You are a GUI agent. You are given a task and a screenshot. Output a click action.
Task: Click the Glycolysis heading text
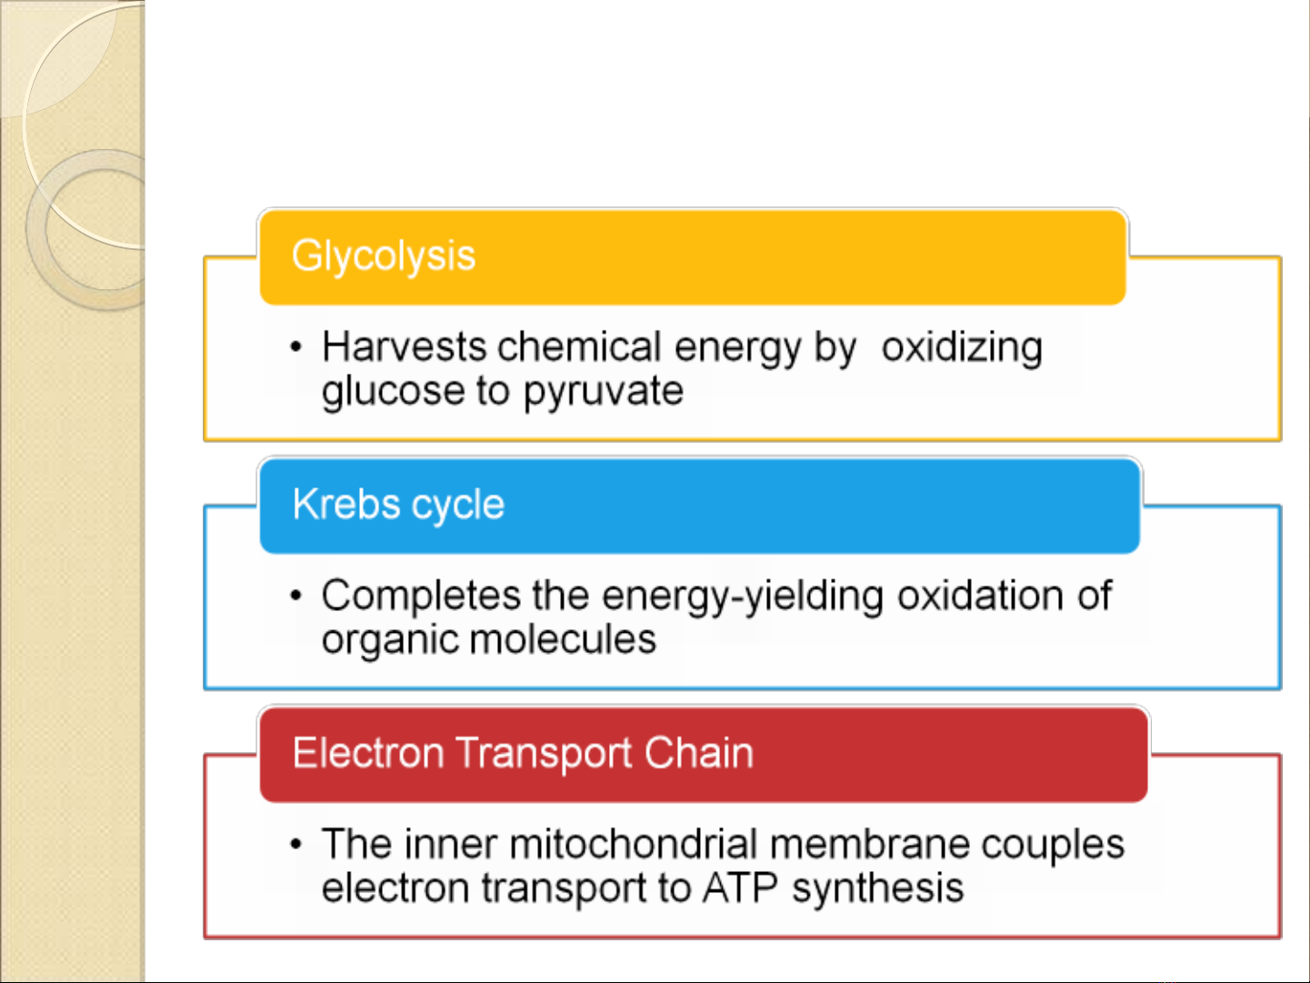[x=383, y=256]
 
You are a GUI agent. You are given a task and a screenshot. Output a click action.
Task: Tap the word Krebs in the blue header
[x=346, y=505]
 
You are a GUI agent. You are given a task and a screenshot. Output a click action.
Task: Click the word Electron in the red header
[x=368, y=753]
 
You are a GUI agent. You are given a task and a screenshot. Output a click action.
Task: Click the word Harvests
[x=405, y=346]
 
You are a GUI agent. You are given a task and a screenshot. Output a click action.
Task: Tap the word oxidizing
[x=962, y=348]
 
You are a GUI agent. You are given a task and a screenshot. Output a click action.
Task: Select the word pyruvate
[x=604, y=393]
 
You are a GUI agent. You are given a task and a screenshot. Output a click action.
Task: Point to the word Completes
[x=421, y=596]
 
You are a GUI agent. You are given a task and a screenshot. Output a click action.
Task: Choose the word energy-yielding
[x=743, y=597]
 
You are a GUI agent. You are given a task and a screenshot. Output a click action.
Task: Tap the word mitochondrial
[x=634, y=845]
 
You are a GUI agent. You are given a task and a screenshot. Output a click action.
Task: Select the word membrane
[x=870, y=845]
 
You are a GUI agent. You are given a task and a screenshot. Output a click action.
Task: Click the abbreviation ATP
[x=740, y=888]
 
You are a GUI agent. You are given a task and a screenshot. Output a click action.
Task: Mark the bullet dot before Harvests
[x=296, y=347]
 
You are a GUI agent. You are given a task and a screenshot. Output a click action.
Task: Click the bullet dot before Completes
[x=296, y=596]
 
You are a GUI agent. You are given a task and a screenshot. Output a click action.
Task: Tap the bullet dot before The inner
[x=296, y=845]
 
